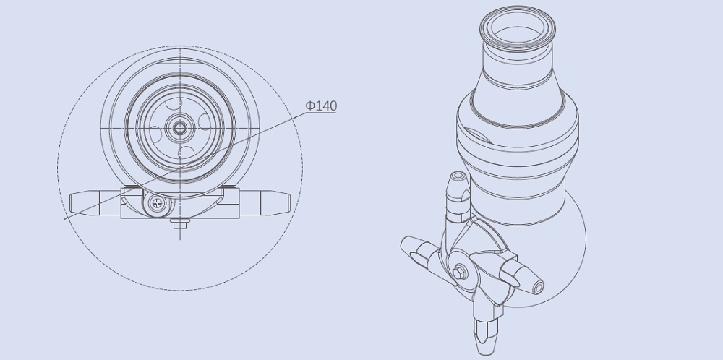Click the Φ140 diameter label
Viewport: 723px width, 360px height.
coord(321,106)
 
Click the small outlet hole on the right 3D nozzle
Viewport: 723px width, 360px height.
coord(539,288)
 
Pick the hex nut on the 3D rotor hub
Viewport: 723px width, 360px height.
coord(461,271)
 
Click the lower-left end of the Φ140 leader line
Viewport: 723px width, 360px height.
coord(65,217)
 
